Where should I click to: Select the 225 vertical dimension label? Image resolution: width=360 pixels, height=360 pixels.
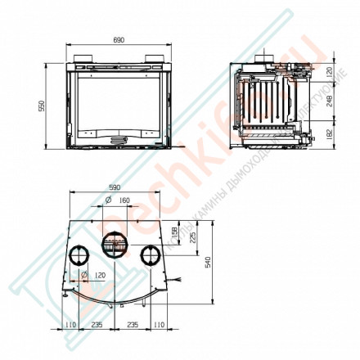[x=191, y=238]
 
